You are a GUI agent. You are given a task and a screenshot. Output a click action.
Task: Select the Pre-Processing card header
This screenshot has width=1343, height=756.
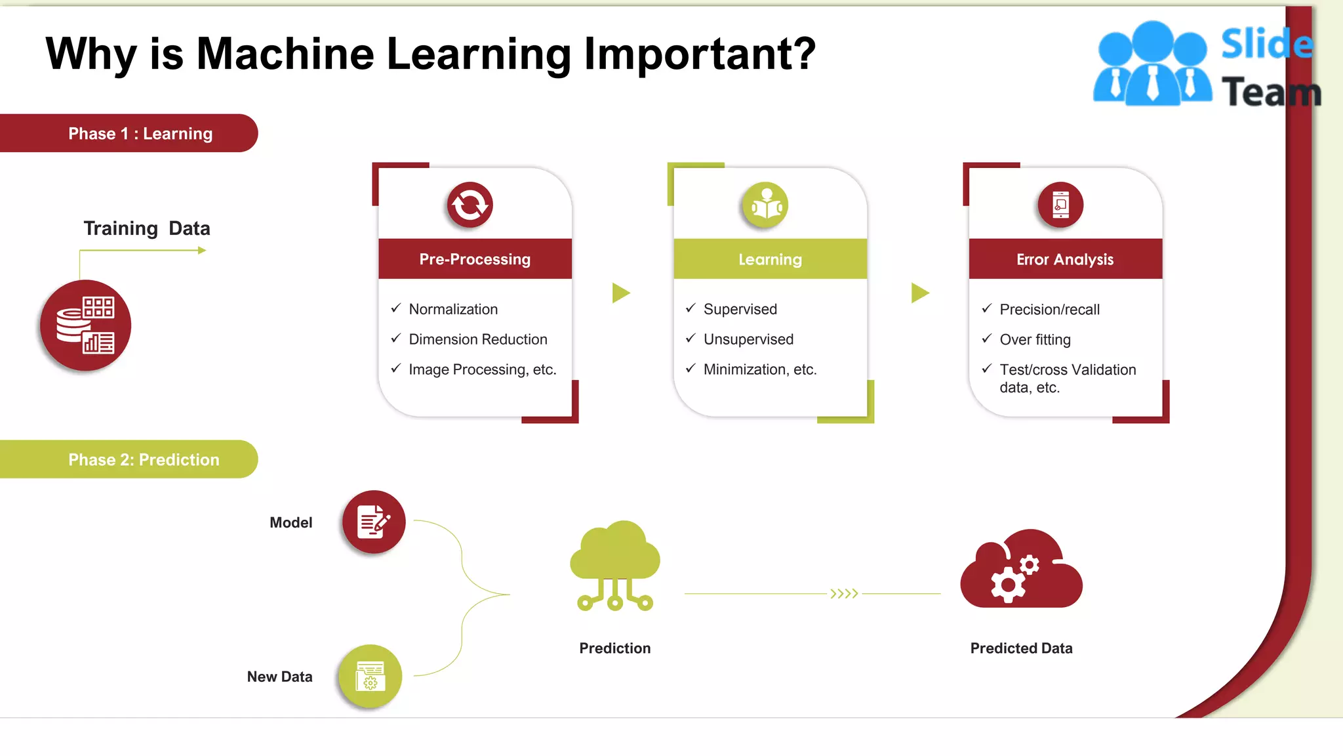click(475, 259)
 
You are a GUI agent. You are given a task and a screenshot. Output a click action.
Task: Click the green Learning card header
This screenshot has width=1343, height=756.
click(770, 259)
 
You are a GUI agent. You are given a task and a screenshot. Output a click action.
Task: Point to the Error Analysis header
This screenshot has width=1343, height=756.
click(1065, 259)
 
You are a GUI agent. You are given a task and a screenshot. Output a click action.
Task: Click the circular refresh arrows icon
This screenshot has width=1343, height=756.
click(470, 205)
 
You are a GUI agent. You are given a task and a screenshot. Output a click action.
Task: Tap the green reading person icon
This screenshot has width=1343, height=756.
click(765, 205)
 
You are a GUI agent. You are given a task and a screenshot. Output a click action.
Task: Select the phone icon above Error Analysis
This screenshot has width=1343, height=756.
click(1060, 205)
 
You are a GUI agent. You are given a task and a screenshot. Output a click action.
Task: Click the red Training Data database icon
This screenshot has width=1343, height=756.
click(86, 325)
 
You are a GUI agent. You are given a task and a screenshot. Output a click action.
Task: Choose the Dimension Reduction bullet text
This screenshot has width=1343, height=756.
click(477, 339)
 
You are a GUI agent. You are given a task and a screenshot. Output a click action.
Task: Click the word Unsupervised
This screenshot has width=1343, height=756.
click(748, 339)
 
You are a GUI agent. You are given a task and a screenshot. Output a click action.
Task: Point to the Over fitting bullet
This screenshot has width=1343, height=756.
click(1035, 339)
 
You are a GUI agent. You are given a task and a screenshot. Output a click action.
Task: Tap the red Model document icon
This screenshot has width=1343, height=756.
click(374, 522)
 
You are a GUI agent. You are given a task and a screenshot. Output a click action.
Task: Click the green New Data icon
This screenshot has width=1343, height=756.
click(371, 676)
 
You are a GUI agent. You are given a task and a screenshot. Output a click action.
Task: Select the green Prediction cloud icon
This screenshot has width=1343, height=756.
click(615, 564)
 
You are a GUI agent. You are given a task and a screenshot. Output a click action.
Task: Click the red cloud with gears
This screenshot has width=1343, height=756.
click(1021, 570)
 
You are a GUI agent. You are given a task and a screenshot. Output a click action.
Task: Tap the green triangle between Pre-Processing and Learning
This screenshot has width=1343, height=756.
click(620, 293)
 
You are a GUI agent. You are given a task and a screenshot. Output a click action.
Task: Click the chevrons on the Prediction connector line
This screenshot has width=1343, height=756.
click(844, 594)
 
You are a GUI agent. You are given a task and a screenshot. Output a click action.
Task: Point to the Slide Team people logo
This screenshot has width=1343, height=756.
click(1152, 64)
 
